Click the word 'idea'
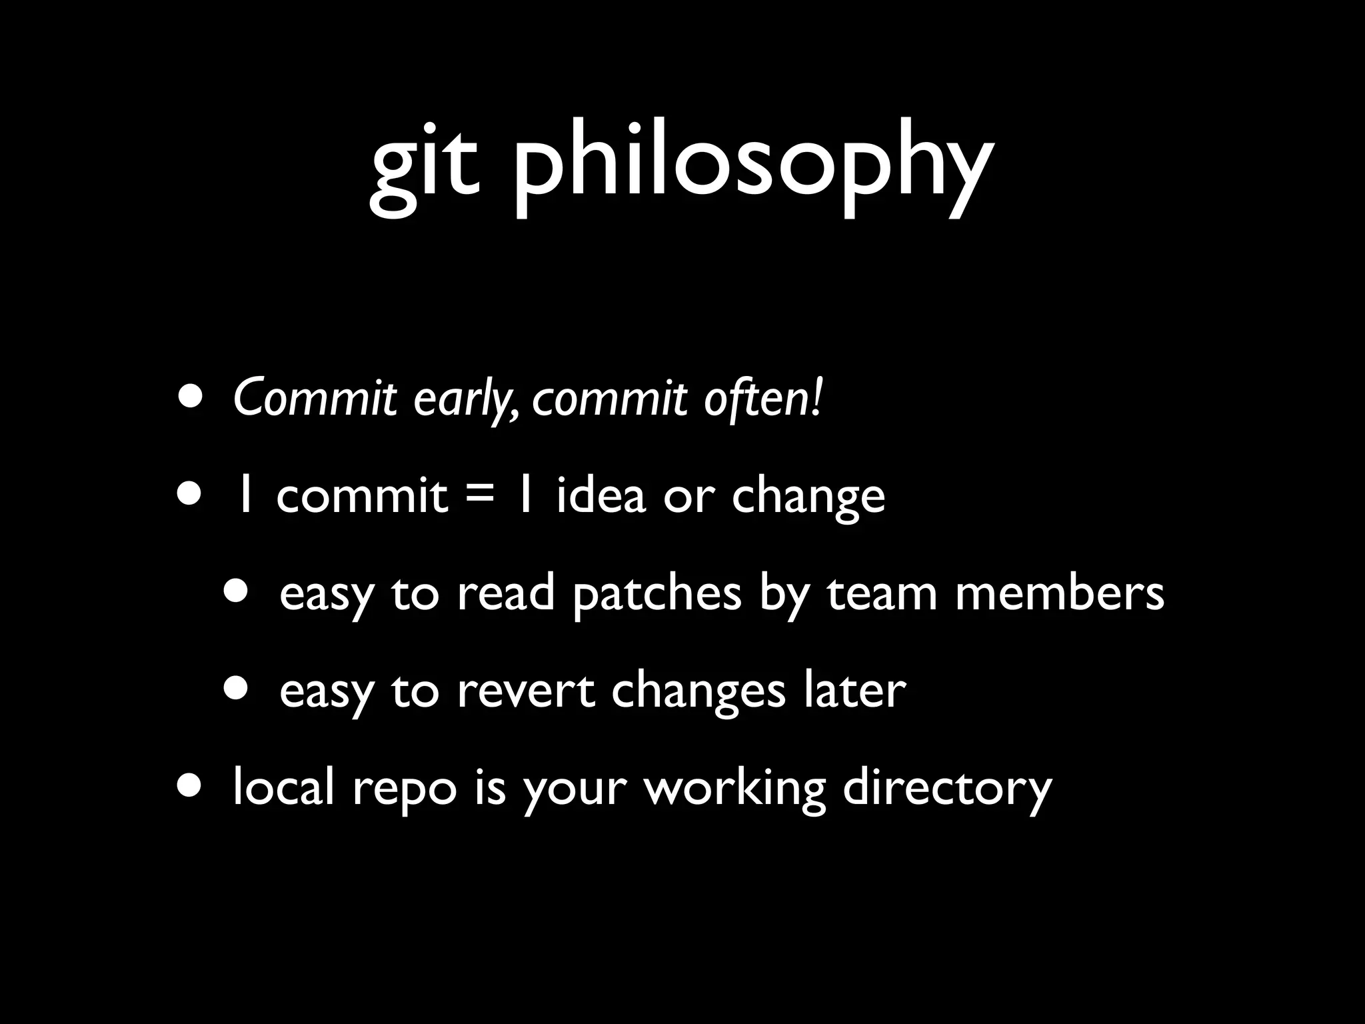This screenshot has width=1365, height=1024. [601, 495]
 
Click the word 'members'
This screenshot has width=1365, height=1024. [1059, 593]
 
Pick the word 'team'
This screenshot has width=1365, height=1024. [882, 593]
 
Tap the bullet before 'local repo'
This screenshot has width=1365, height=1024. [191, 785]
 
